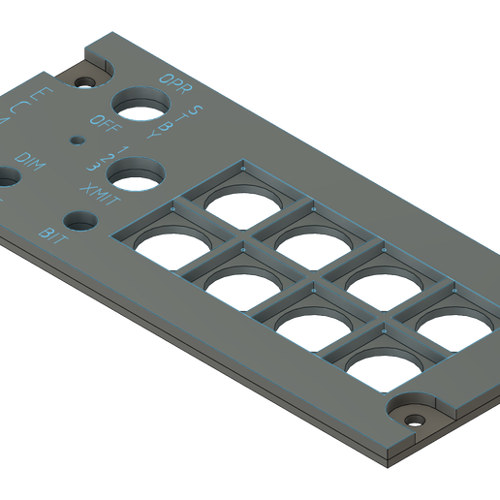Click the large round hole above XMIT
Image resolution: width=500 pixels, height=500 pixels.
135,174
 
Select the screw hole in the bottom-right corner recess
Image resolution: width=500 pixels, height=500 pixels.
415,419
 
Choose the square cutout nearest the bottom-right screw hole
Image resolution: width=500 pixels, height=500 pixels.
380,367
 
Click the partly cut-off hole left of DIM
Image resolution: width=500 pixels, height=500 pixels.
5,180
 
